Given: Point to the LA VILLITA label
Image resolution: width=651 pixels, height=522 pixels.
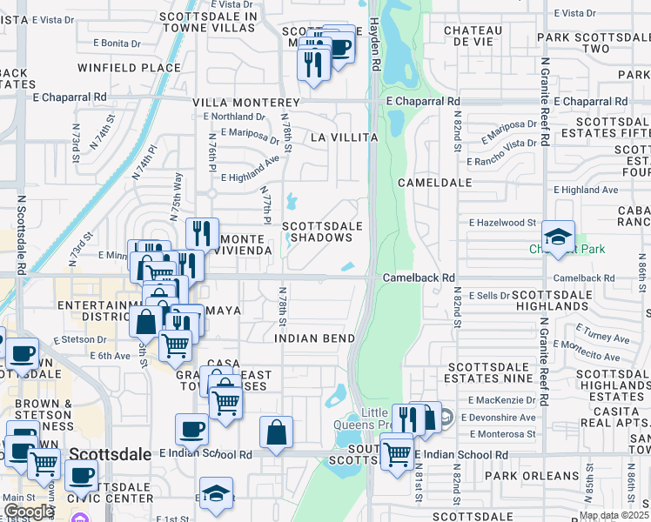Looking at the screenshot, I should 344,137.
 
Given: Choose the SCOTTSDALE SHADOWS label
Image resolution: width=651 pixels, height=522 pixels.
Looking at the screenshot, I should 322,231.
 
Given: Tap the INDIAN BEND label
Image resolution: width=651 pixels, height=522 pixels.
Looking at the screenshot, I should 315,338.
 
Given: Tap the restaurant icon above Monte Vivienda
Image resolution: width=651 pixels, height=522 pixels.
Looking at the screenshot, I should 202,234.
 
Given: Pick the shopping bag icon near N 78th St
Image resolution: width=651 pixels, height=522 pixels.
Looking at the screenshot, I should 276,432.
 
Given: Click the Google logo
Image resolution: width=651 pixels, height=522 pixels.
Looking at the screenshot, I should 29,512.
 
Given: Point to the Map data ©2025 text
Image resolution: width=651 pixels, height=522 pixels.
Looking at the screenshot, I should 613,515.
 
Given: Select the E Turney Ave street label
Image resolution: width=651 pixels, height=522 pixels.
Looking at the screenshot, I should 603,338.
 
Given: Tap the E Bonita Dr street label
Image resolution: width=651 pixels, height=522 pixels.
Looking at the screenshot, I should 109,43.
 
